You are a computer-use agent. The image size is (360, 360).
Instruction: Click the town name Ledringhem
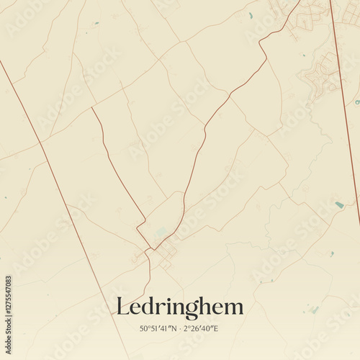click(x=180, y=307)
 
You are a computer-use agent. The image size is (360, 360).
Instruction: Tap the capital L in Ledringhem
click(x=123, y=307)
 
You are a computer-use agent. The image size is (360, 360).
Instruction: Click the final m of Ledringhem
click(x=235, y=308)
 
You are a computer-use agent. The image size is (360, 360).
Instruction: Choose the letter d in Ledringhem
click(x=149, y=307)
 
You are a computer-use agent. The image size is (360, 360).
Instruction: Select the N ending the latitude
click(x=173, y=329)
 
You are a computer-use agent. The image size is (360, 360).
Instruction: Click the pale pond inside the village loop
click(x=161, y=232)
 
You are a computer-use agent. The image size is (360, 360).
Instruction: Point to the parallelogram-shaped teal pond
click(x=339, y=205)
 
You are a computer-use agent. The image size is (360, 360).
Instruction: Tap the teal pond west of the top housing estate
click(x=251, y=15)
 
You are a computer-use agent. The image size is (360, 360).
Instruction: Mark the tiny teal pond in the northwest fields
click(x=96, y=23)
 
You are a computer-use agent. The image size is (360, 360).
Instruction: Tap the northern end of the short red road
click(x=92, y=109)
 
